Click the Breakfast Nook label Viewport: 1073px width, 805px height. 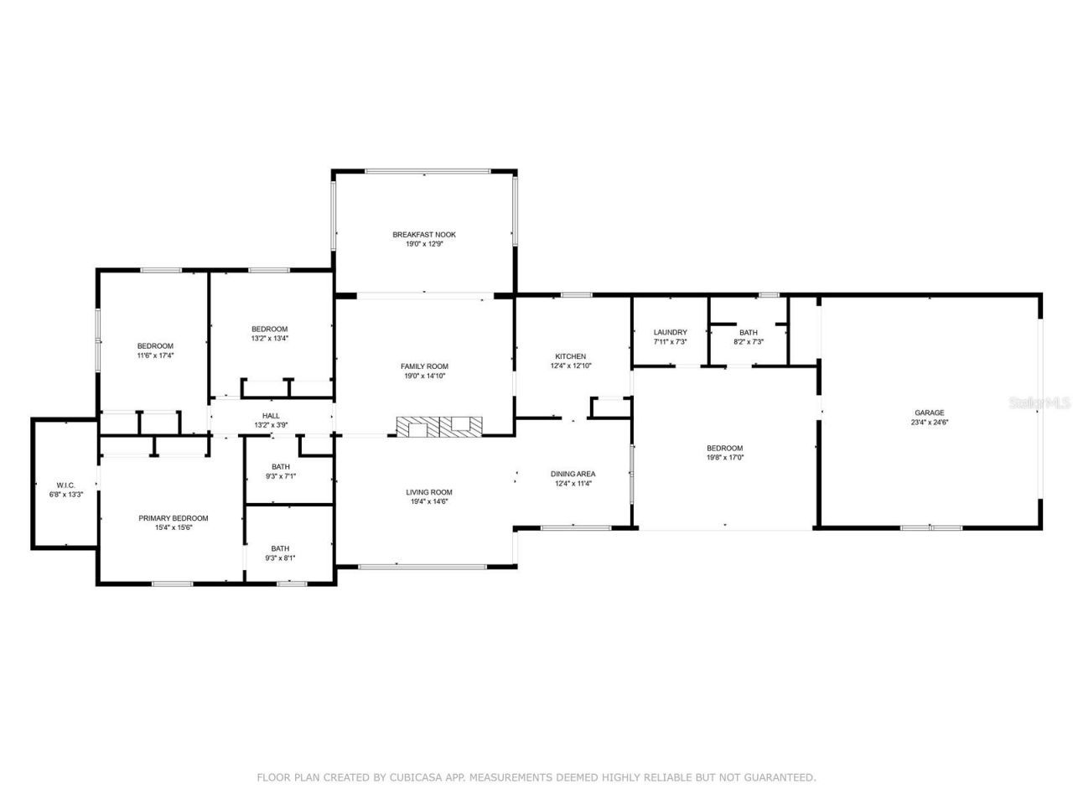(x=424, y=235)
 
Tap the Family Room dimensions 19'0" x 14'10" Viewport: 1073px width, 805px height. (x=424, y=376)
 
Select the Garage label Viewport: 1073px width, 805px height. (x=929, y=413)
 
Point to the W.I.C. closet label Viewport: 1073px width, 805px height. (x=65, y=485)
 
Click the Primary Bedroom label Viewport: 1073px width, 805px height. (x=173, y=518)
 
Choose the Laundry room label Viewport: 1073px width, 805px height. (x=670, y=333)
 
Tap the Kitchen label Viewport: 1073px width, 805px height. (x=570, y=356)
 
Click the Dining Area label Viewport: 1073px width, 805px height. (x=573, y=474)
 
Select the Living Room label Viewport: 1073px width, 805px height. (x=429, y=492)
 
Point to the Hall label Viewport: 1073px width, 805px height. (x=271, y=416)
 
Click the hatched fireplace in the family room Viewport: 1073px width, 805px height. (x=440, y=427)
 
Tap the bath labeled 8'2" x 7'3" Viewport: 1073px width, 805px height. (x=748, y=337)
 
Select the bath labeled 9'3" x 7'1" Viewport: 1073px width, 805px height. (x=280, y=471)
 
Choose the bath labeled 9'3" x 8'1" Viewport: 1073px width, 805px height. (x=280, y=553)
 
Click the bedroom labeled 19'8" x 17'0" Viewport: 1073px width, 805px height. (x=724, y=453)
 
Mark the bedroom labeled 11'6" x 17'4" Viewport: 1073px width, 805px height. (x=155, y=351)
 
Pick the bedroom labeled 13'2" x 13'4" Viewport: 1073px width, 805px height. (x=270, y=333)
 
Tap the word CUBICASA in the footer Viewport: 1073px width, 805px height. (x=416, y=777)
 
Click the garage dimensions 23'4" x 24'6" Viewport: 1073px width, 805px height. (x=929, y=422)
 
